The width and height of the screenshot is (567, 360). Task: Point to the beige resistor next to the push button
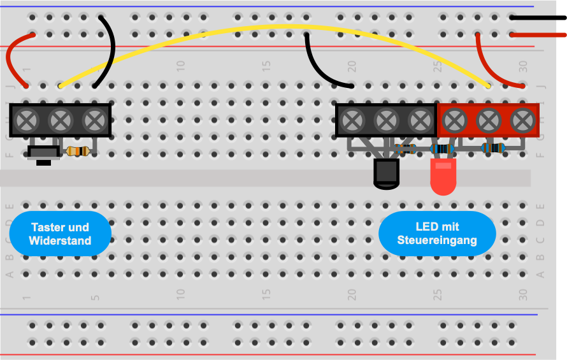[78, 151]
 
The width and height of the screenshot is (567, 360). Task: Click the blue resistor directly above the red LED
[442, 148]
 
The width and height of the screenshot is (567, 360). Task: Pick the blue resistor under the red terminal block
[493, 148]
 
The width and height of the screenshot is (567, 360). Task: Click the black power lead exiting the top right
[538, 17]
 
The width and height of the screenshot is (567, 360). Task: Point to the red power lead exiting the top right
[538, 35]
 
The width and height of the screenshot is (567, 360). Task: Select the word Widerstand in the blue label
[60, 241]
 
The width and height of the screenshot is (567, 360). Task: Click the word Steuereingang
[437, 240]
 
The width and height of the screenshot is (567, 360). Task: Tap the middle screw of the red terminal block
[489, 120]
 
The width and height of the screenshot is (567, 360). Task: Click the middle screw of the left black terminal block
[61, 120]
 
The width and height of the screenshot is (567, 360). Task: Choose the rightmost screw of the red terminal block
[522, 120]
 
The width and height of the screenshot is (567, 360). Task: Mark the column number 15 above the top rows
[266, 66]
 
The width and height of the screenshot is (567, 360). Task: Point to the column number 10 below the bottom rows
[180, 294]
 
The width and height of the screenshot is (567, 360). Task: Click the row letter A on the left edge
[10, 274]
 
